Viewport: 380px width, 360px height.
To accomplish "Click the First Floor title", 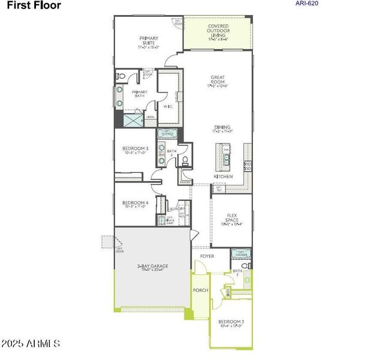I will point(34,8).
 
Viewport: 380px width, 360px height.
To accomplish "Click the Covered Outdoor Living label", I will point(218,31).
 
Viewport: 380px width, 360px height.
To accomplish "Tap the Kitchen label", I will point(223,176).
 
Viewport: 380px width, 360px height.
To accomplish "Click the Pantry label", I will point(185,182).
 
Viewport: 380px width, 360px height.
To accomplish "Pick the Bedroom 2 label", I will point(231,323).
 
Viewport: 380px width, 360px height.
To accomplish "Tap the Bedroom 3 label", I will point(135,150).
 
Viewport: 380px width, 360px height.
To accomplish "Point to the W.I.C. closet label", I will point(168,107).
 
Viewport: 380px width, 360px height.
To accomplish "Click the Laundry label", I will point(177,209).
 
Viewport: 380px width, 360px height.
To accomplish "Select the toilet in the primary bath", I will point(120,77).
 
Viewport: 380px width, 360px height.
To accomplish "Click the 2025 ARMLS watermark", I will point(31,344).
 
